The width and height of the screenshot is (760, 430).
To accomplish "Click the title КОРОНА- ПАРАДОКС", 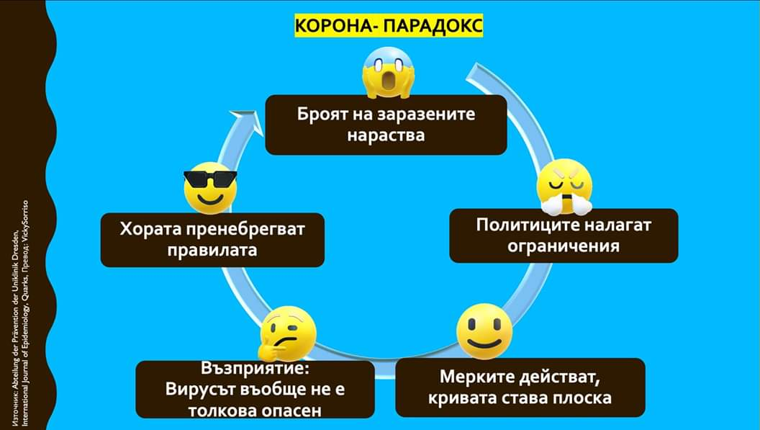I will tap(389, 27).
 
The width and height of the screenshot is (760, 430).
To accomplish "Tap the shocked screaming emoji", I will tap(387, 74).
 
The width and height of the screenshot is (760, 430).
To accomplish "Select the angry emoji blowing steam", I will tap(565, 187).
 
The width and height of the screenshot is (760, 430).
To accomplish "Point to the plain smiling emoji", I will tap(484, 331).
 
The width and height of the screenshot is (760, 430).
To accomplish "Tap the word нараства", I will tap(386, 135).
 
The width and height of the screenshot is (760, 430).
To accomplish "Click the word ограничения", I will tap(564, 246).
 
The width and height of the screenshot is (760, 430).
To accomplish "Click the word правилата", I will tap(212, 251).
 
